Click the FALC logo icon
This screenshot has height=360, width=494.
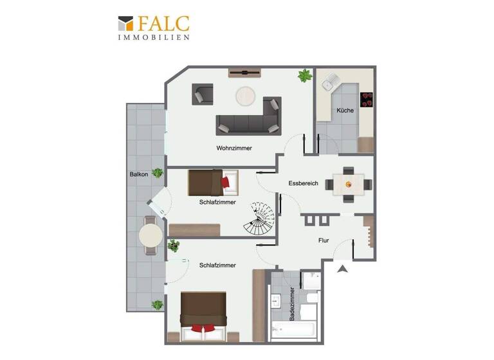pyautogui.click(x=125, y=24)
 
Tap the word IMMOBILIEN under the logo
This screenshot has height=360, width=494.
pyautogui.click(x=153, y=38)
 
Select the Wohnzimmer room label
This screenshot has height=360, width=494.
pyautogui.click(x=233, y=148)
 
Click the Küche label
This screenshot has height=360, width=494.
pyautogui.click(x=345, y=111)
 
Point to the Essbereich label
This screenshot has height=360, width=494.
pyautogui.click(x=303, y=183)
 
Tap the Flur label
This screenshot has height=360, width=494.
pyautogui.click(x=324, y=241)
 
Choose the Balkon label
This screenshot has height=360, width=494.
pyautogui.click(x=139, y=174)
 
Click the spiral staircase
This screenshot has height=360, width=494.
pyautogui.click(x=260, y=219)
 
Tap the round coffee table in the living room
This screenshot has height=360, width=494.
pyautogui.click(x=246, y=96)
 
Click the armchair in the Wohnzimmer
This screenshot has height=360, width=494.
pyautogui.click(x=203, y=94)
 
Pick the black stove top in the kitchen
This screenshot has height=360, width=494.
pyautogui.click(x=367, y=99)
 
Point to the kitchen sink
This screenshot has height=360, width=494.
pyautogui.click(x=330, y=82)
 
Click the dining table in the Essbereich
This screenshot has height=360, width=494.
pyautogui.click(x=349, y=184)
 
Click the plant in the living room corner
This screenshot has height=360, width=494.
pyautogui.click(x=304, y=75)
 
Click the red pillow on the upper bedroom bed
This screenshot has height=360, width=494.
pyautogui.click(x=225, y=183)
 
